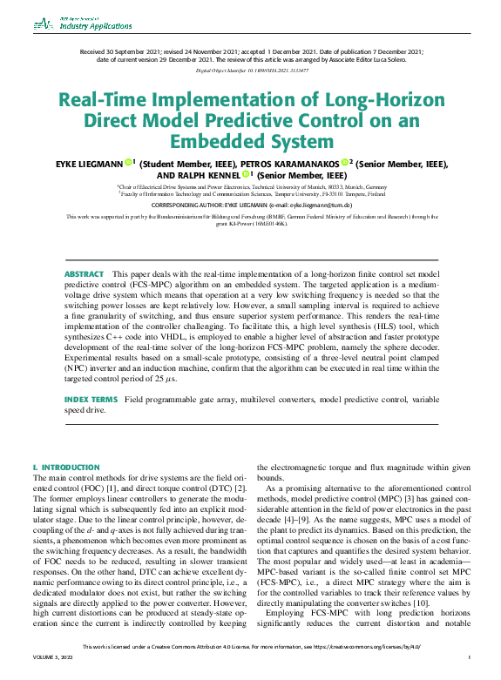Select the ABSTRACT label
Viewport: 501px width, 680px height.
coord(84,274)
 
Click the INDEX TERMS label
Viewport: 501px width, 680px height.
coord(91,399)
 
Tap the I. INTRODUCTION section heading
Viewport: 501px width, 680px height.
coord(65,468)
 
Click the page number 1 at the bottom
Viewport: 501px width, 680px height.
coord(469,670)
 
